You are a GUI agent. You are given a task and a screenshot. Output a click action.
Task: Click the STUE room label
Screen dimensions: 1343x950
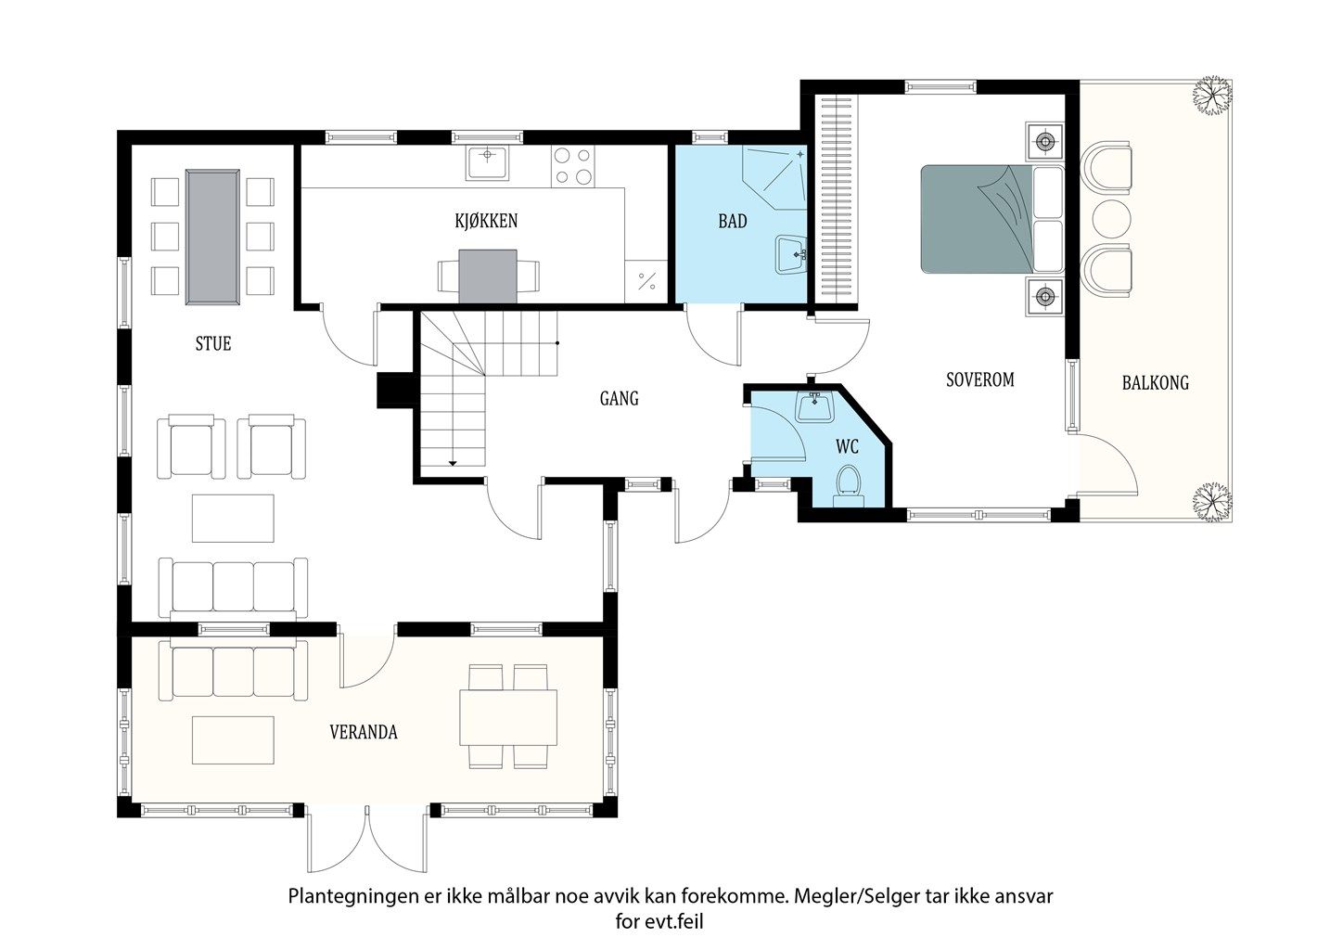212,343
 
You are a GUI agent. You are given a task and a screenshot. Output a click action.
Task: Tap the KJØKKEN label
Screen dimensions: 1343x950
486,221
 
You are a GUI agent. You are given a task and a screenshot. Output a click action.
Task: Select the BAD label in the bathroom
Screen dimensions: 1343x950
733,222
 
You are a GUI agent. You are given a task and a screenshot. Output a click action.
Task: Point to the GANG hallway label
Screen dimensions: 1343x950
619,398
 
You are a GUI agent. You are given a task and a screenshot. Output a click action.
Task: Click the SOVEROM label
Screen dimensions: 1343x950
980,379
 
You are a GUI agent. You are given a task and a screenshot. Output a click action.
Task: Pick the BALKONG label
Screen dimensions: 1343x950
1156,382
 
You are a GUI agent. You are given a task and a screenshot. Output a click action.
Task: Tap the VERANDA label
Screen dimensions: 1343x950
364,732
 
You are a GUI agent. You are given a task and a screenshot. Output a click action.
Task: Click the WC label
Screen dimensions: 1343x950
847,446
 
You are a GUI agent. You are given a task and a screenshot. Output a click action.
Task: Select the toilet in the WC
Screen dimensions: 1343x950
849,487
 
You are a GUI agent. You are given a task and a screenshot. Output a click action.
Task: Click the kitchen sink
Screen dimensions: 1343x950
488,162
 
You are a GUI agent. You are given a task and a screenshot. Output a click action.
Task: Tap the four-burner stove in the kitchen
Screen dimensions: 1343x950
572,166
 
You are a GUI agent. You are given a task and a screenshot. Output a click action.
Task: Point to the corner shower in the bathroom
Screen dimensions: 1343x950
774,177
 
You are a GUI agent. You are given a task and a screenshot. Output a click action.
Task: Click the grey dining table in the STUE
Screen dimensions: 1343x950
212,237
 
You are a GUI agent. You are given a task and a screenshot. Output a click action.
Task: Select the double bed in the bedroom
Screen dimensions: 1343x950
991,219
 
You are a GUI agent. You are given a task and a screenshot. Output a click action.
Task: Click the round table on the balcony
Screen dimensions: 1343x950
1111,219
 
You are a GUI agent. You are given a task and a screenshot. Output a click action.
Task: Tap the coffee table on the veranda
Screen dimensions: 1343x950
233,739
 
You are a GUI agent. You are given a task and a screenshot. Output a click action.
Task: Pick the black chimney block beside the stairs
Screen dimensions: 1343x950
394,391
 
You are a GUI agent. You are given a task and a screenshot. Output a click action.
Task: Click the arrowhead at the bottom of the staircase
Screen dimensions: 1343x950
453,463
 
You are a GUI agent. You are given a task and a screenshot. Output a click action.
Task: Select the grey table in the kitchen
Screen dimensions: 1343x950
488,276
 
